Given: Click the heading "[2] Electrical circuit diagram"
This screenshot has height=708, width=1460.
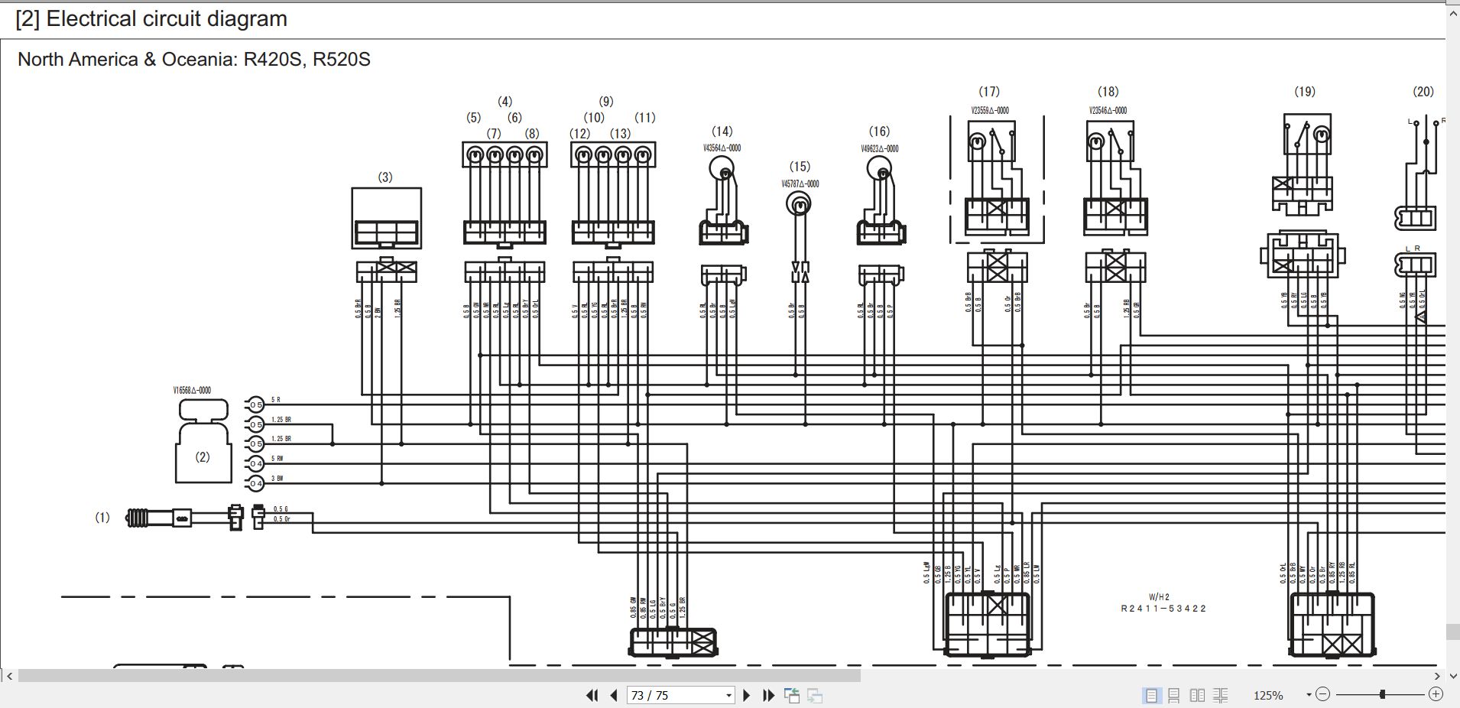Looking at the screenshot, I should (151, 19).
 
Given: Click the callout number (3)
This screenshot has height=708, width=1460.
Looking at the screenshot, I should (385, 177).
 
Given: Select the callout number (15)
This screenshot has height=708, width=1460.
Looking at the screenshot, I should (800, 167).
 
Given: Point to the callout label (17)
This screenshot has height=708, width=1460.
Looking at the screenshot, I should (989, 92).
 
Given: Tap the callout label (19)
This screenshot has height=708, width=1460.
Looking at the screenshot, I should (1305, 92).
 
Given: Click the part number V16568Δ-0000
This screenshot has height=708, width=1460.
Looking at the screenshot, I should (192, 391).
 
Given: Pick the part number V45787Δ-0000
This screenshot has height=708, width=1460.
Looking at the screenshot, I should (800, 184).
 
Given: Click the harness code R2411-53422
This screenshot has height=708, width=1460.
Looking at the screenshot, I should (1163, 609).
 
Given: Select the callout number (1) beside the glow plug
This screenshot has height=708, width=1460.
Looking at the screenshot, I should (102, 518).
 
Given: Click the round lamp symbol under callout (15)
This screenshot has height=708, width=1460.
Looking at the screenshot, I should (800, 204).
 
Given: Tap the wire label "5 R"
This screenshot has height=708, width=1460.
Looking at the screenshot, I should (276, 400).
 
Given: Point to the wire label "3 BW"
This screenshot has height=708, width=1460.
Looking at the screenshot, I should (277, 479).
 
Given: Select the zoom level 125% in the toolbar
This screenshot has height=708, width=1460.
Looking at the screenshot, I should (1268, 695).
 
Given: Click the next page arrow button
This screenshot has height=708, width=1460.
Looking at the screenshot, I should (747, 695).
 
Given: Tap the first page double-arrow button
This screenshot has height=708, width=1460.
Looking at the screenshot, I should (592, 695).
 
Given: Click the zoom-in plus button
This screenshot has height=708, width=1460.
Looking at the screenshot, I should (1436, 694).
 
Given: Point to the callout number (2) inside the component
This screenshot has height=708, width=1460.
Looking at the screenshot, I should (203, 457).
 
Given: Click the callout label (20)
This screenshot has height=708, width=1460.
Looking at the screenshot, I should (1423, 92).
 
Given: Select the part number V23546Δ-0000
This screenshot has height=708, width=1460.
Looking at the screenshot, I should (1108, 111).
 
